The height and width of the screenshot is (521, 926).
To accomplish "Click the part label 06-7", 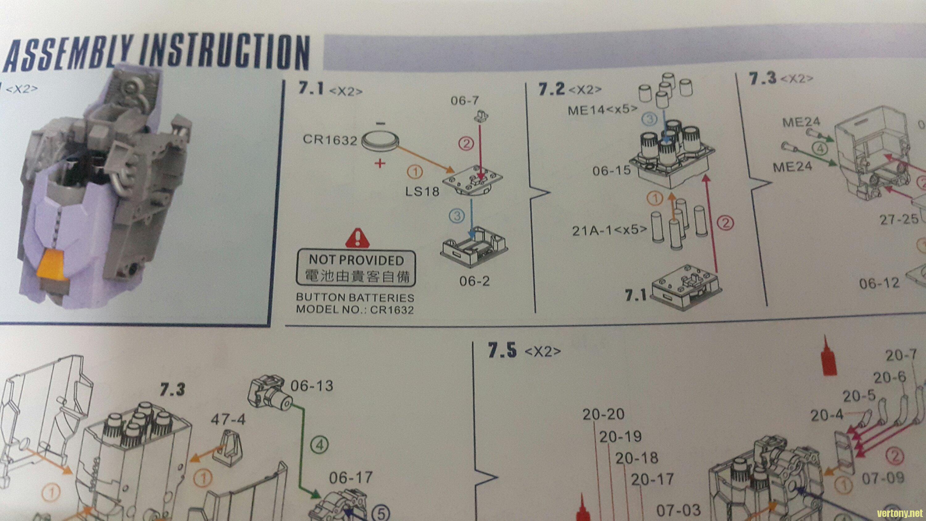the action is coord(465,101).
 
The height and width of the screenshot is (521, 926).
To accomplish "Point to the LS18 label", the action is coord(422,191).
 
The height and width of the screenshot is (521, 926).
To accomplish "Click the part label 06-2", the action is coord(474,281).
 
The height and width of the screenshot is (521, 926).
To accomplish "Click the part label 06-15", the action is coord(611,170).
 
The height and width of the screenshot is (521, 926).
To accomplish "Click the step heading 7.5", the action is coord(502,351).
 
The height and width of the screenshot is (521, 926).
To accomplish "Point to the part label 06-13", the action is coord(312,386).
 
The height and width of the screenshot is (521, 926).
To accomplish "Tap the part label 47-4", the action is coord(228,419).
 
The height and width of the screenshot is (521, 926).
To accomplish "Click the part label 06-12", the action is coord(879,284).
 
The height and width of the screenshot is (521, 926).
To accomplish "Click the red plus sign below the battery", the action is coord(380,164).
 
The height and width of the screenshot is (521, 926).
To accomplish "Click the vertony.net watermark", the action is coord(902,513).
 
